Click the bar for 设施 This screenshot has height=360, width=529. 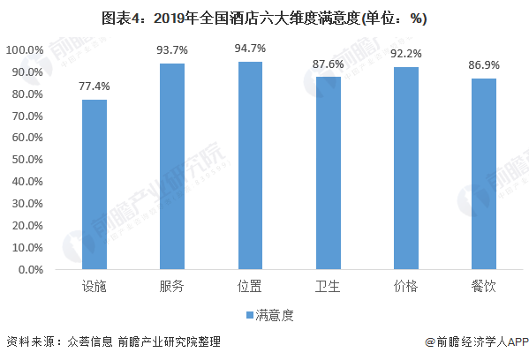point(94,184)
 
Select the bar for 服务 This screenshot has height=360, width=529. point(172,167)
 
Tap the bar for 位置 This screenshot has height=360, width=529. point(250,166)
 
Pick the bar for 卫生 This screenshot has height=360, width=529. point(329,173)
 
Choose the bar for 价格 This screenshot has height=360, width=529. point(406,169)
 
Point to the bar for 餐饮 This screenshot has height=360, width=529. point(484,174)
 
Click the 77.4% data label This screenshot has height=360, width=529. point(94,86)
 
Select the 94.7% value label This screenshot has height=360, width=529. point(250,49)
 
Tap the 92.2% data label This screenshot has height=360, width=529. point(406,54)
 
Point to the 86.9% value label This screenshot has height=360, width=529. point(484,65)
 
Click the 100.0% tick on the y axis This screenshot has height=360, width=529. point(25,50)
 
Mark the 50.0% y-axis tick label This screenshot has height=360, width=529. point(27,160)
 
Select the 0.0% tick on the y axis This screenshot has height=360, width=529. point(31,270)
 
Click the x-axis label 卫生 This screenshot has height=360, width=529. point(328,287)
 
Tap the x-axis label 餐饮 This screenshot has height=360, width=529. point(483,287)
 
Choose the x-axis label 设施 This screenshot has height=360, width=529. point(94,287)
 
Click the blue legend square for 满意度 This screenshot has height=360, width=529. point(250,315)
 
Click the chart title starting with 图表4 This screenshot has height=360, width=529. point(264,19)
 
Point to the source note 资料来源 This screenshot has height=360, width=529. point(113,341)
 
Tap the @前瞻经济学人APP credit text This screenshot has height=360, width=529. point(477,341)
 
